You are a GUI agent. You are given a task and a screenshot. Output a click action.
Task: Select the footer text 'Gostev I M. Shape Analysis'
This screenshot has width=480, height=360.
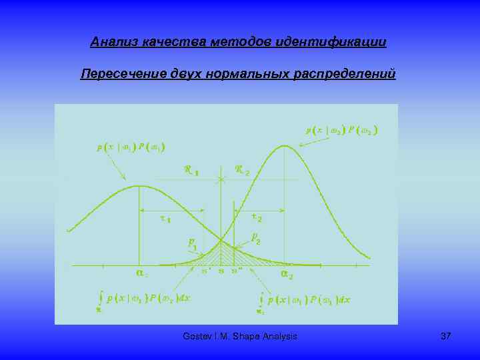239,337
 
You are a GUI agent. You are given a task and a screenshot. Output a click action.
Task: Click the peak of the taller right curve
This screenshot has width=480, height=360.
285,145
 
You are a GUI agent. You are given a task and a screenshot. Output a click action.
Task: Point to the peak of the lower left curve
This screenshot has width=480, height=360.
138,186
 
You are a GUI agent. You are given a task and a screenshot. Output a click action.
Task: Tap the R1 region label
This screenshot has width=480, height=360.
191,170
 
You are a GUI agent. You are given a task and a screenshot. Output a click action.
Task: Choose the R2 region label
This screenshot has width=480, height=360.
242,170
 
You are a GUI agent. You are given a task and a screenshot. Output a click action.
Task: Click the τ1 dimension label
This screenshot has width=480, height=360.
166,219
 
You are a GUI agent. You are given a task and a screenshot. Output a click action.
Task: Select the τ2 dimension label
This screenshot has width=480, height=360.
256,217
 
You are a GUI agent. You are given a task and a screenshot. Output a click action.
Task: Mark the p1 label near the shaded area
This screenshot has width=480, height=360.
191,243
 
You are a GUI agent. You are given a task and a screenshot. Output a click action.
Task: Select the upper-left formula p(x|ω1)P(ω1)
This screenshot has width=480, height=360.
131,147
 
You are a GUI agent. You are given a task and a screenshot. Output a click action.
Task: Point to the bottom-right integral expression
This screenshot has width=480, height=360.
305,301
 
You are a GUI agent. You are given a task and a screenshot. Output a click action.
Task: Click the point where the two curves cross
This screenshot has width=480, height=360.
221,241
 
